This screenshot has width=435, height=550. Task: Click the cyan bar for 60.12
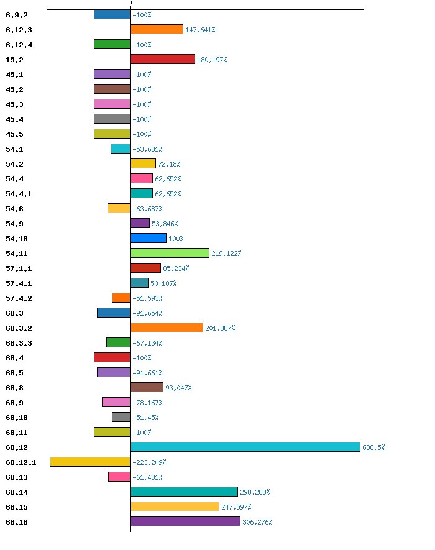(x=245, y=447)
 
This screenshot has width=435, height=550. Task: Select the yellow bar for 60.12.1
(x=90, y=462)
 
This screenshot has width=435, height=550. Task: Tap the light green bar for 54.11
(x=170, y=253)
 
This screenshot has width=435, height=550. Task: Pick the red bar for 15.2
(x=163, y=59)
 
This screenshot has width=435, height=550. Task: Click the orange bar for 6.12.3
(x=157, y=29)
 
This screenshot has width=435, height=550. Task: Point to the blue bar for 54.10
(x=149, y=238)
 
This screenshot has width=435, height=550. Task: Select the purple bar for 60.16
(x=185, y=521)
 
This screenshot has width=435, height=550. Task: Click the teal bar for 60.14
(x=184, y=492)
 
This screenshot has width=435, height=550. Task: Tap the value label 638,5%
(x=373, y=447)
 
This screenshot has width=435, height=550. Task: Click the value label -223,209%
(x=149, y=462)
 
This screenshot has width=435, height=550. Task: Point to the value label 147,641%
(x=200, y=30)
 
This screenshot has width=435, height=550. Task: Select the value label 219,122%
(x=226, y=254)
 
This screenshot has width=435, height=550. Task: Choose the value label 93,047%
(x=178, y=388)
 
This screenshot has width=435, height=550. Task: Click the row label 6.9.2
(x=16, y=15)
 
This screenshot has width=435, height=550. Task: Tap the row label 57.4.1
(x=19, y=283)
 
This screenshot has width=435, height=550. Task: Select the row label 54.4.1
(x=19, y=194)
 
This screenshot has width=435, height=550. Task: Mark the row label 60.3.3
(x=19, y=343)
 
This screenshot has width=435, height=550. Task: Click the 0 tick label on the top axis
(x=130, y=3)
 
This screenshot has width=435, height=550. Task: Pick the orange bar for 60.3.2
(x=167, y=328)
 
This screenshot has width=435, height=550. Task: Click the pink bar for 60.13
(x=119, y=477)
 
